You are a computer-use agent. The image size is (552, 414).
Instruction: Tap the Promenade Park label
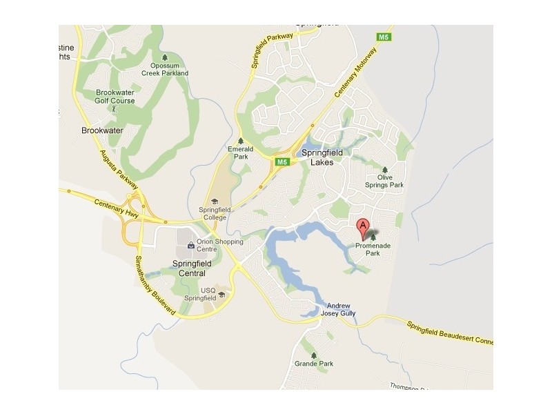click(x=373, y=249)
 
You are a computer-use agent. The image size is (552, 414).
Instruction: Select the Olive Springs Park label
click(x=386, y=181)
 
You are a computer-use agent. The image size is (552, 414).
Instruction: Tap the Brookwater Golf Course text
click(x=115, y=97)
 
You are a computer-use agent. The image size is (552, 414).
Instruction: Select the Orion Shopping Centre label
click(x=220, y=246)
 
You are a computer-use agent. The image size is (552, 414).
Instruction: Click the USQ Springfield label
click(x=199, y=294)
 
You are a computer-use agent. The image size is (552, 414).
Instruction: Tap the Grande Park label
click(x=314, y=364)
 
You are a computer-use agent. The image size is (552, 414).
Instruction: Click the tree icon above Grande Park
click(x=314, y=355)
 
